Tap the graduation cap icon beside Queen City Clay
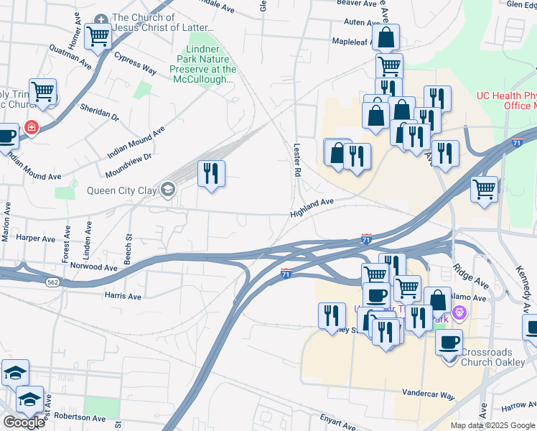168,190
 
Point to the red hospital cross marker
31,128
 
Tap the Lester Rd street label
296,159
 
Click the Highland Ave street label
312,208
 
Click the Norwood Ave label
94,267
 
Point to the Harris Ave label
123,296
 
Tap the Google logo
24,422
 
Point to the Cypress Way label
135,65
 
